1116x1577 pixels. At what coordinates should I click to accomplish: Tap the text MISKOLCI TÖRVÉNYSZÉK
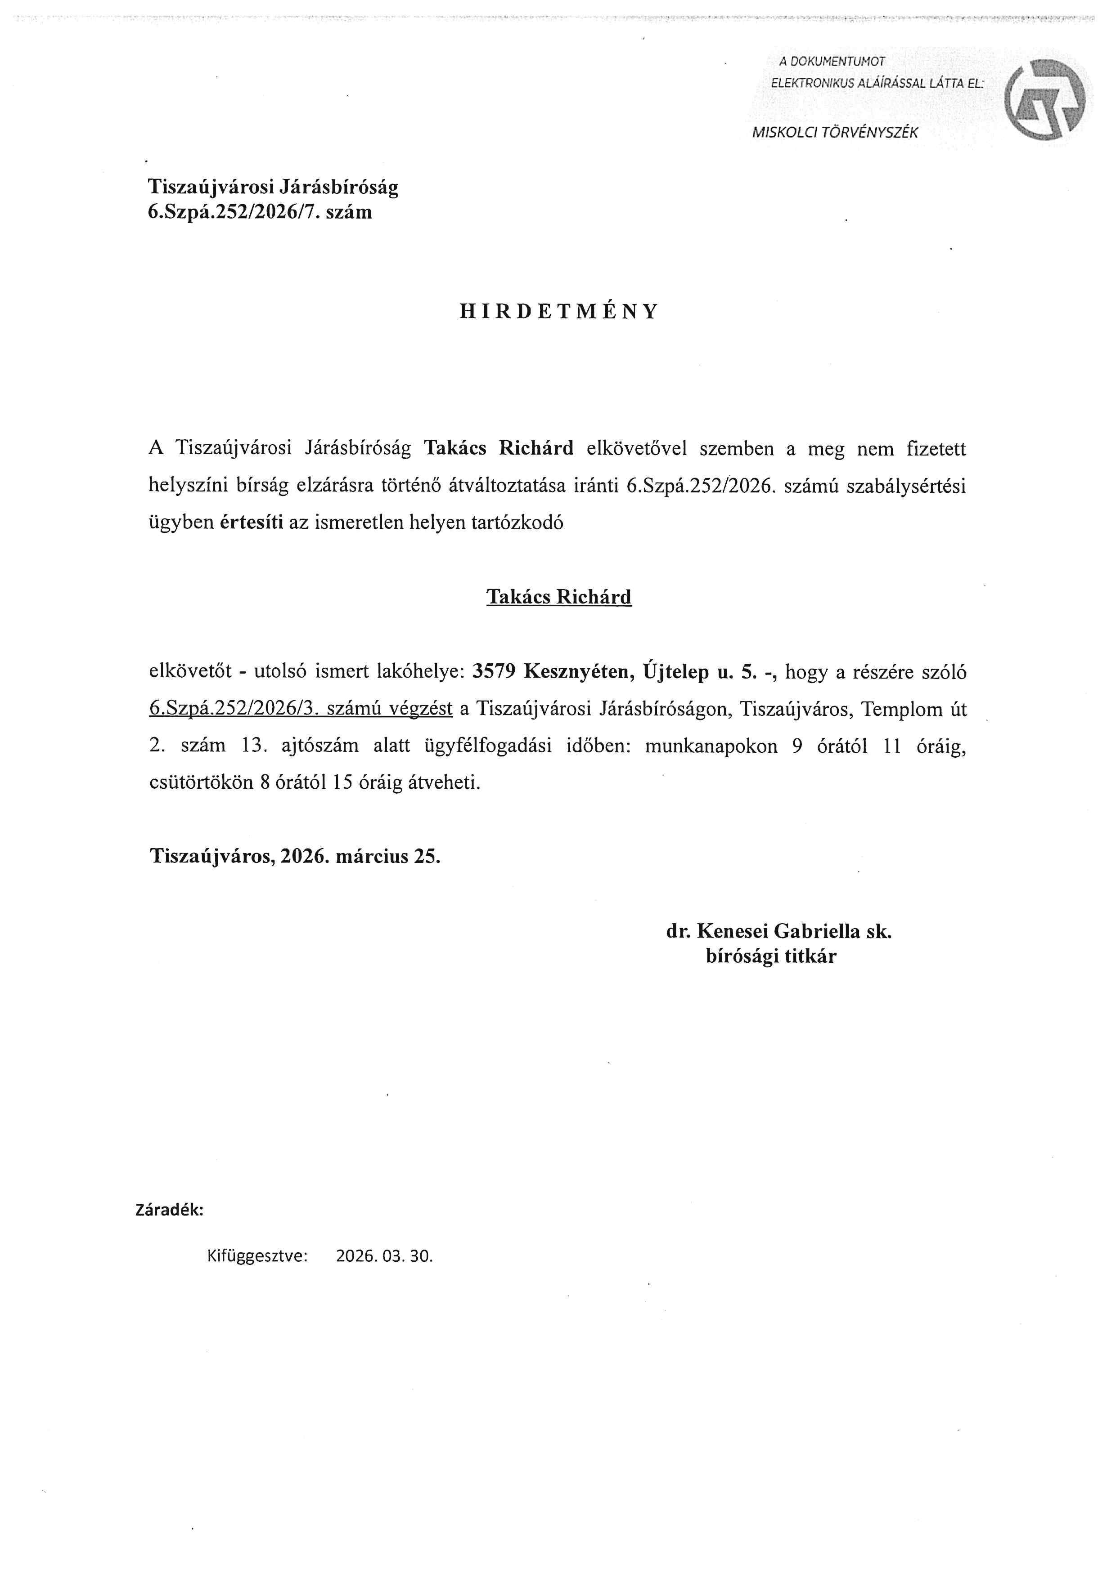[834, 133]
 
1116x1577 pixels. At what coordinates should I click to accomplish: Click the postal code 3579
[493, 672]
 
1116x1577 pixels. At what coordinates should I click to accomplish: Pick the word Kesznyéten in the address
[578, 672]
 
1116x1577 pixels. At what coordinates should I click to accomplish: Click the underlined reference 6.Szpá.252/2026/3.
[232, 709]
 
